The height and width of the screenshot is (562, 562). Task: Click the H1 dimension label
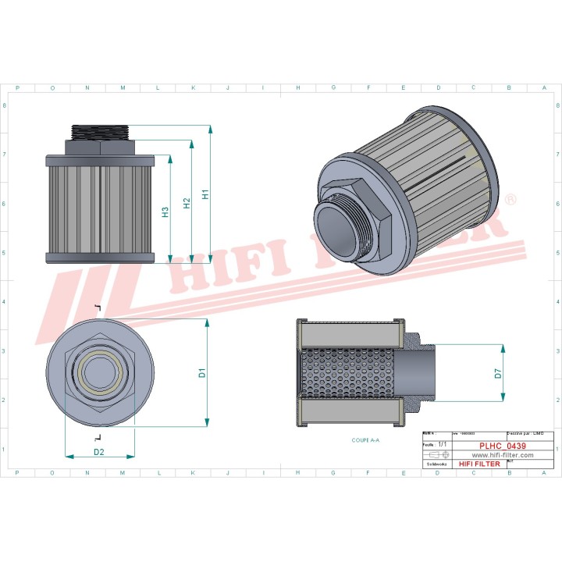(205, 194)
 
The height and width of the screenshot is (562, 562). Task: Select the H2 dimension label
(187, 203)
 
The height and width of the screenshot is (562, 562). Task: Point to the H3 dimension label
(166, 212)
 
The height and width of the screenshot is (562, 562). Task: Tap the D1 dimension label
(201, 373)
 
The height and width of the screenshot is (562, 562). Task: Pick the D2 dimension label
(99, 452)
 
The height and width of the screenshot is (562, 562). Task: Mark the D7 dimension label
(498, 373)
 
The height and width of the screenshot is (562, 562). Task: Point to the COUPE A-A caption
(365, 440)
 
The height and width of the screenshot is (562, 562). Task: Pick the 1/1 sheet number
(442, 443)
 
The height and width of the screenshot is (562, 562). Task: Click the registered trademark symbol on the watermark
(510, 201)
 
